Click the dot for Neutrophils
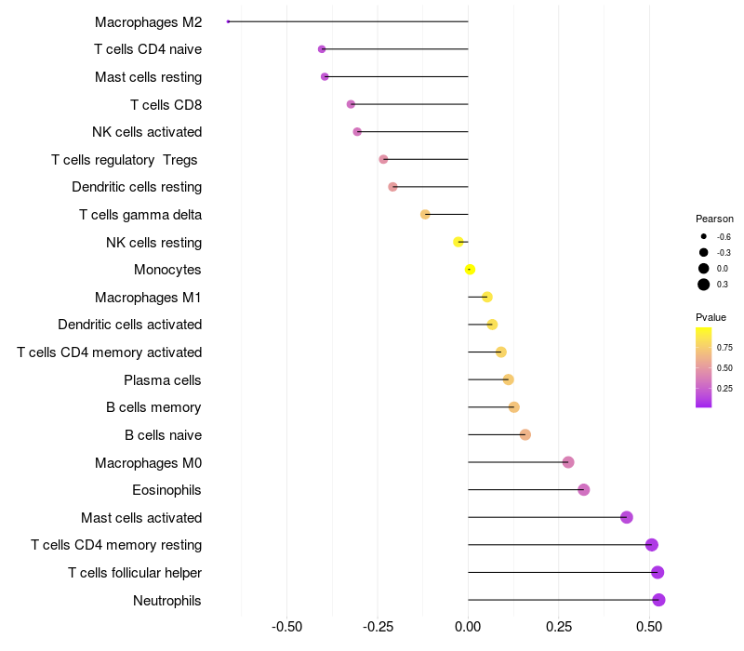[658, 600]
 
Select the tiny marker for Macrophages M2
[228, 21]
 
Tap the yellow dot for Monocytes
[471, 270]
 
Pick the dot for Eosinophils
[584, 490]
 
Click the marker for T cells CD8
[351, 104]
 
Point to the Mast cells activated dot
[627, 517]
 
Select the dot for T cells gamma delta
[425, 215]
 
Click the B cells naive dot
[525, 435]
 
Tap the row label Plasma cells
[163, 380]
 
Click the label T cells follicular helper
[135, 573]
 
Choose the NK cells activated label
[147, 132]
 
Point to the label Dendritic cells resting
[137, 187]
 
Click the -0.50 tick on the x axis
[286, 628]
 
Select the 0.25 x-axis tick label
[559, 628]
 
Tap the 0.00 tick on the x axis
[468, 628]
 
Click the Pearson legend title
[714, 219]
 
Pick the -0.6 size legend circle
[704, 236]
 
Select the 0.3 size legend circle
[704, 285]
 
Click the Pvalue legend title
[711, 317]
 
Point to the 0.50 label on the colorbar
[724, 368]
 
